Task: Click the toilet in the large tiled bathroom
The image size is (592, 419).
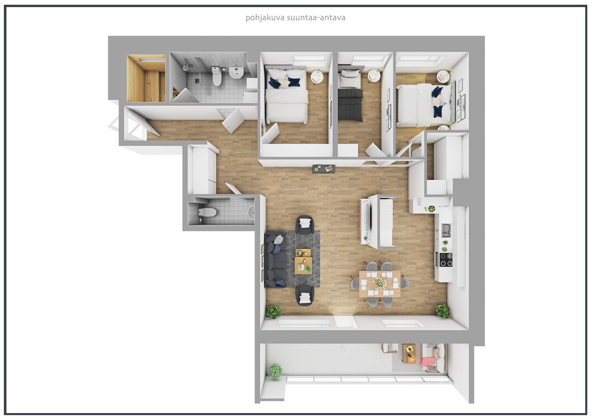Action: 216,76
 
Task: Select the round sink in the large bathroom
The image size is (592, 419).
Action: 236,73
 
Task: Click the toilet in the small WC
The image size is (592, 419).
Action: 207,212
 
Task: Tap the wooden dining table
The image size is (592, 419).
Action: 380,284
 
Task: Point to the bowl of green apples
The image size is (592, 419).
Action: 431,209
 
